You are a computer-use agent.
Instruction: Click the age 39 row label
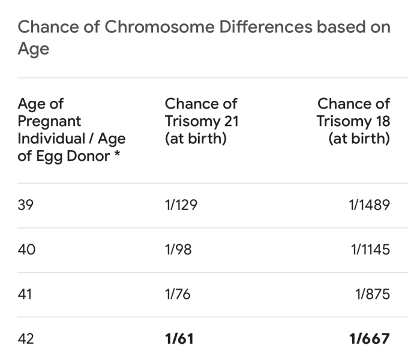[26, 205]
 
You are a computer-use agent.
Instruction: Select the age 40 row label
[26, 250]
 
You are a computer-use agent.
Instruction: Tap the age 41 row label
[26, 294]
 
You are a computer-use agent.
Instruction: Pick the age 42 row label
[26, 338]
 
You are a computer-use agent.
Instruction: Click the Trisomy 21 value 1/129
[181, 205]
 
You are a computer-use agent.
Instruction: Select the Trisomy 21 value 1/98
[178, 250]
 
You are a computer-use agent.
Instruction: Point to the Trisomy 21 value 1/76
[178, 294]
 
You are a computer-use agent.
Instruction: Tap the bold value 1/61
[179, 338]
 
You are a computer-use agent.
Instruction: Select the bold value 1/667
[369, 338]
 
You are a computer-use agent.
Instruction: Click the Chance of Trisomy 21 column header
[202, 121]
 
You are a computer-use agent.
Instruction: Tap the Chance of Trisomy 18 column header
[353, 121]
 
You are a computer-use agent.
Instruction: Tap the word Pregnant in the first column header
[50, 121]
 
